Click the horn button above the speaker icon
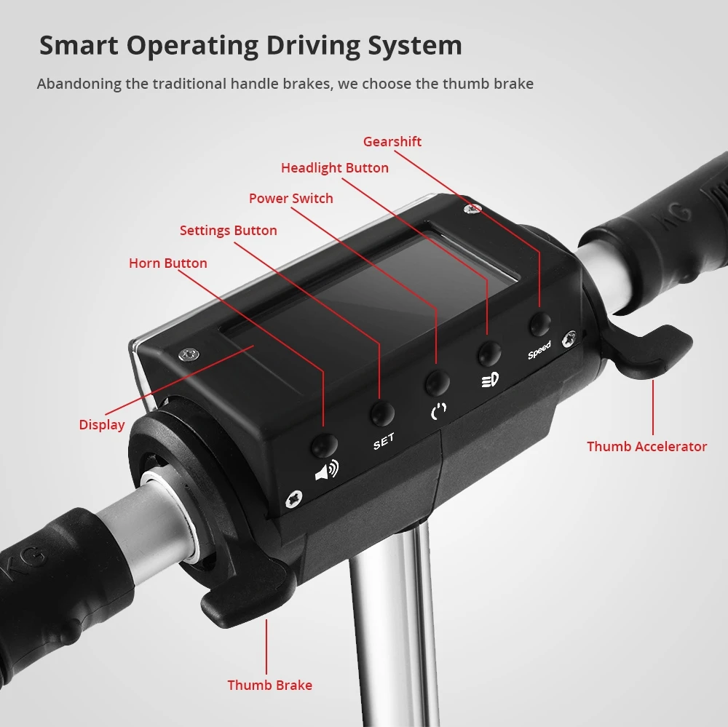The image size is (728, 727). click(325, 445)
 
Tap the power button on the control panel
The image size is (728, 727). click(438, 383)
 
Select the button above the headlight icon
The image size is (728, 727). click(490, 353)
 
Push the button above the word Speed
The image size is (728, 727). click(540, 324)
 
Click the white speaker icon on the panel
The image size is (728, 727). click(328, 471)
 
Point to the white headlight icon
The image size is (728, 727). click(490, 380)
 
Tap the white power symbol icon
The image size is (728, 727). click(439, 410)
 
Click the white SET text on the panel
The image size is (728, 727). click(384, 442)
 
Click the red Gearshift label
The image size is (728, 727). click(392, 142)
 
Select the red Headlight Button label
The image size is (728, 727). click(335, 167)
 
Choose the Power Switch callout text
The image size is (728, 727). click(291, 198)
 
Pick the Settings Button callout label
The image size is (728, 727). click(229, 230)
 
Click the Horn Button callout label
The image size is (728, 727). click(168, 263)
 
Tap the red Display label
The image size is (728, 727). click(102, 425)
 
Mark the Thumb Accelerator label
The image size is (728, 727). click(646, 447)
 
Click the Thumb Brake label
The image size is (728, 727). click(270, 686)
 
